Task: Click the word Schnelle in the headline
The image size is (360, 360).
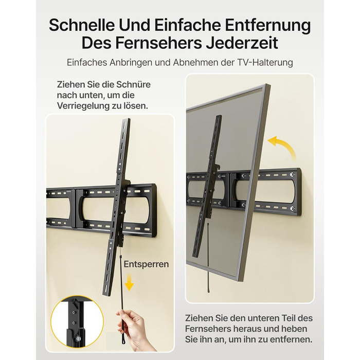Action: coord(81,25)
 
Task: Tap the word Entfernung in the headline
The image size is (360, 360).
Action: coord(268,25)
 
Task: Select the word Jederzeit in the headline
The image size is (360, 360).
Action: coord(242,43)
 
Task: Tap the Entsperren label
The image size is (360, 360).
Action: coord(146,264)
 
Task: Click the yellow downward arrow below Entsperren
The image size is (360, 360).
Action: coord(129,283)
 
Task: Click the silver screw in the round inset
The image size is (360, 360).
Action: coord(78,338)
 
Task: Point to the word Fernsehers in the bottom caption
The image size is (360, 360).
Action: coord(207,329)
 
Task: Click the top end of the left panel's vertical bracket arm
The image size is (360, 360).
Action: coord(127,119)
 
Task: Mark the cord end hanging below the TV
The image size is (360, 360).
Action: coord(209,291)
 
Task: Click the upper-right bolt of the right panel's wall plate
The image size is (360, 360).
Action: coord(292,174)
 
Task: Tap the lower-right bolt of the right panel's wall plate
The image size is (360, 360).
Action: coord(292,209)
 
